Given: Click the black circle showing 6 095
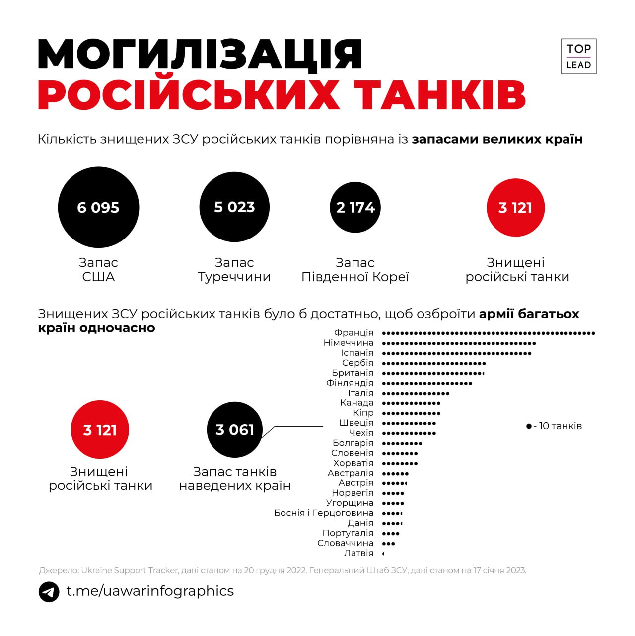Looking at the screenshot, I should click(x=98, y=207).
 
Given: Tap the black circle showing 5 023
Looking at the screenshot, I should click(x=234, y=207).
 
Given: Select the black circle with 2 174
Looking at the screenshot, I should click(x=355, y=207).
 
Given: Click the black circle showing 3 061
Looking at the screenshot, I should click(x=234, y=430).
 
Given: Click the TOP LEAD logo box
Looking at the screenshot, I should click(x=578, y=56).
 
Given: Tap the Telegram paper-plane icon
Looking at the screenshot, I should click(x=49, y=591).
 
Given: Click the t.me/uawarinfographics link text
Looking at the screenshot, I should click(x=150, y=591).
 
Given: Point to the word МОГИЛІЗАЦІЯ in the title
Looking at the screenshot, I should click(x=201, y=54).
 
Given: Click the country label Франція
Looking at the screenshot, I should click(x=353, y=333).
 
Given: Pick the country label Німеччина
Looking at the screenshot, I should click(x=349, y=343).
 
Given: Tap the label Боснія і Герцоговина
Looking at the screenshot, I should click(x=324, y=513).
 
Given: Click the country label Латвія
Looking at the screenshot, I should click(x=358, y=553).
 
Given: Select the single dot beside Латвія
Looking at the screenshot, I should click(x=383, y=553).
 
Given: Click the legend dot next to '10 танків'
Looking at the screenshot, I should click(x=529, y=426).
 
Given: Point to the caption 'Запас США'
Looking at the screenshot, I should click(x=98, y=270).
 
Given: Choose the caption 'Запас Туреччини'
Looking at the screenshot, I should click(x=234, y=270).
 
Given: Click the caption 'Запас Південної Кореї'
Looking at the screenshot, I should click(x=355, y=270).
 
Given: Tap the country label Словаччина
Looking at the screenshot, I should click(x=346, y=543).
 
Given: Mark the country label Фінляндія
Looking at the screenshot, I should click(x=350, y=383).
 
